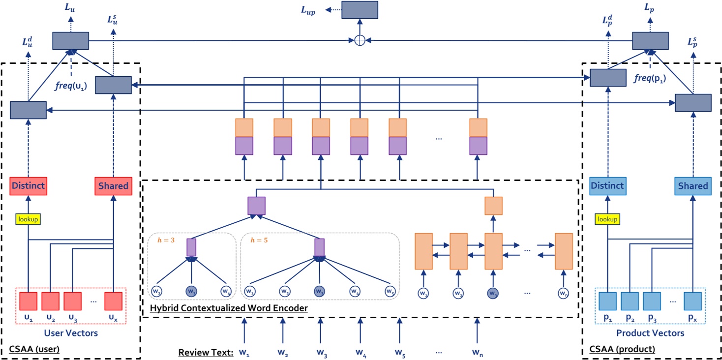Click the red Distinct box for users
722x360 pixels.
tap(28, 186)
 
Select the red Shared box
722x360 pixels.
tap(113, 186)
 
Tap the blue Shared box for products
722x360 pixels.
tap(692, 186)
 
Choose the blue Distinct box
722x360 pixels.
tap(607, 186)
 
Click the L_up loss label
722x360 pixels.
tap(308, 10)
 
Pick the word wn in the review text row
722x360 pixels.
tap(477, 353)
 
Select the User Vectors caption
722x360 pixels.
tap(71, 333)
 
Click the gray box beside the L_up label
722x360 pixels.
tap(360, 10)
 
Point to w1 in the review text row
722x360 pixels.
tap(244, 353)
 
